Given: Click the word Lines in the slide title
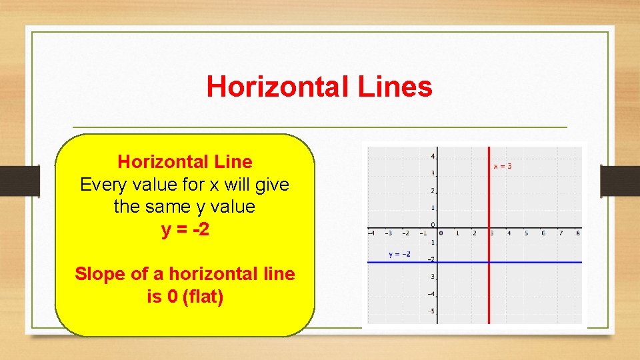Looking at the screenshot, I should coord(395,87).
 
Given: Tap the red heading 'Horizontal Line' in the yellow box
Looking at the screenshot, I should coord(185,161).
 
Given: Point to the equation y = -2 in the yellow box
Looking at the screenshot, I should coord(185,229).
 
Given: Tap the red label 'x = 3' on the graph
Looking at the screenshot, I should coord(503,166).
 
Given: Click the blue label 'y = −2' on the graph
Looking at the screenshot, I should coord(400,254).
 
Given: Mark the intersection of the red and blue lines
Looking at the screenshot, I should coord(489,262).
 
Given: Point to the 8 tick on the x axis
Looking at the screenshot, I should coord(577,233).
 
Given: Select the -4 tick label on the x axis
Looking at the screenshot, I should coord(371,233).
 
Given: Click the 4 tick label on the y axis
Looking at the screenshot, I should coord(433,156).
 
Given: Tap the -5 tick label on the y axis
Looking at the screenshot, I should coord(432,311).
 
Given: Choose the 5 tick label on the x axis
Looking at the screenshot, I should coord(526,233).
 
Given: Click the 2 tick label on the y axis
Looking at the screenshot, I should coord(433,191).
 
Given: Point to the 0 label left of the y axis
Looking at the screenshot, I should coord(433,225).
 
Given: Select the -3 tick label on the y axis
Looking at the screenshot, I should coord(432,277).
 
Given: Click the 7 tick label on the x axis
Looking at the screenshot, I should coord(560,233).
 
